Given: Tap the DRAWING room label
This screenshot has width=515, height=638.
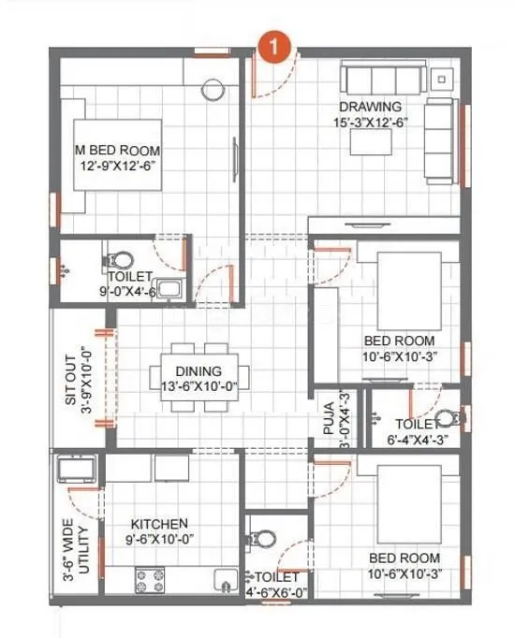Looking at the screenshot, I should coord(372,107).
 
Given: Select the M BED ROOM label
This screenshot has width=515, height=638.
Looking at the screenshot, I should coord(117,151).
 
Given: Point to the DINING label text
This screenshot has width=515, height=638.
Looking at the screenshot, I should coord(199,371).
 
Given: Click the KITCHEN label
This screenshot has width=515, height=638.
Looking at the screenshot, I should coord(159,524).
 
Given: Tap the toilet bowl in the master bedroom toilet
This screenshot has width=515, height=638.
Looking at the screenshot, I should coord(121,258).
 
